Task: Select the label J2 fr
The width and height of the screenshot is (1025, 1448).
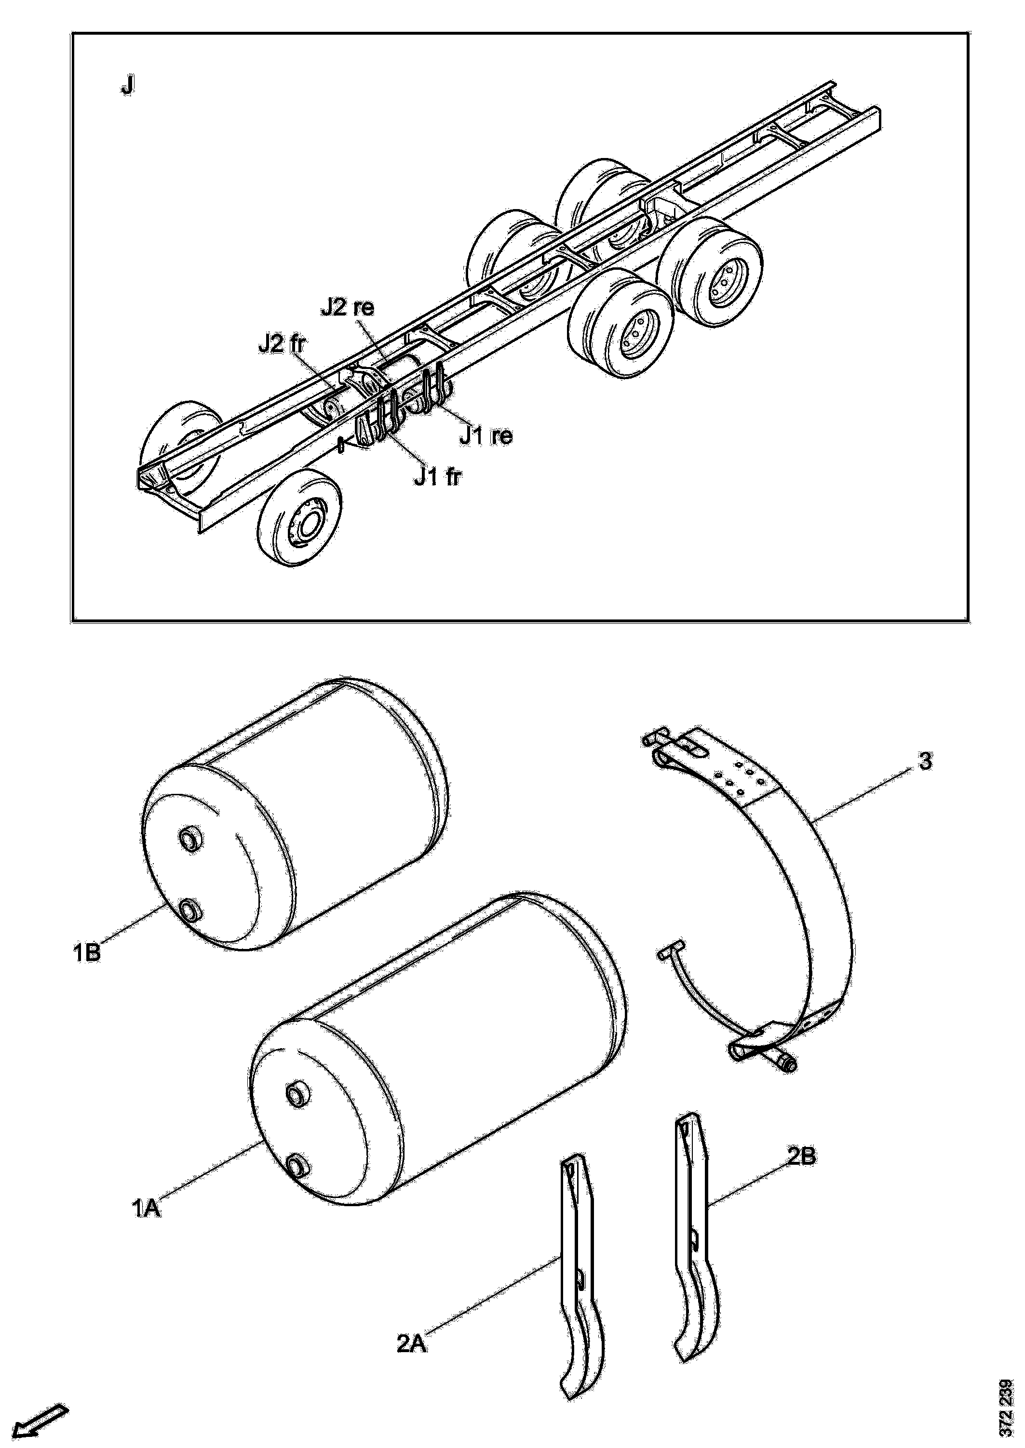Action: pyautogui.click(x=282, y=344)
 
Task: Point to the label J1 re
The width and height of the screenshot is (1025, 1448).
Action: pyautogui.click(x=486, y=434)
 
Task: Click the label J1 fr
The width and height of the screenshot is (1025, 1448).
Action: pyautogui.click(x=437, y=477)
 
